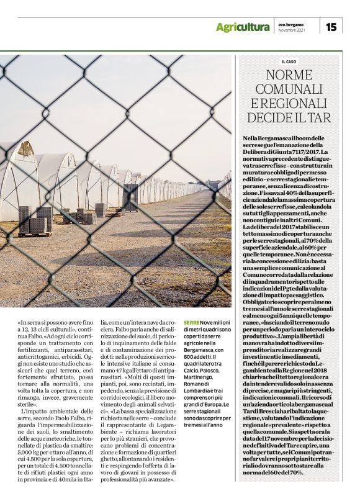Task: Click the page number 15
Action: pyautogui.click(x=332, y=26)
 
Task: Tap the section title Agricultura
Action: pyautogui.click(x=243, y=27)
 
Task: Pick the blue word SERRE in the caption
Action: pyautogui.click(x=191, y=323)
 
